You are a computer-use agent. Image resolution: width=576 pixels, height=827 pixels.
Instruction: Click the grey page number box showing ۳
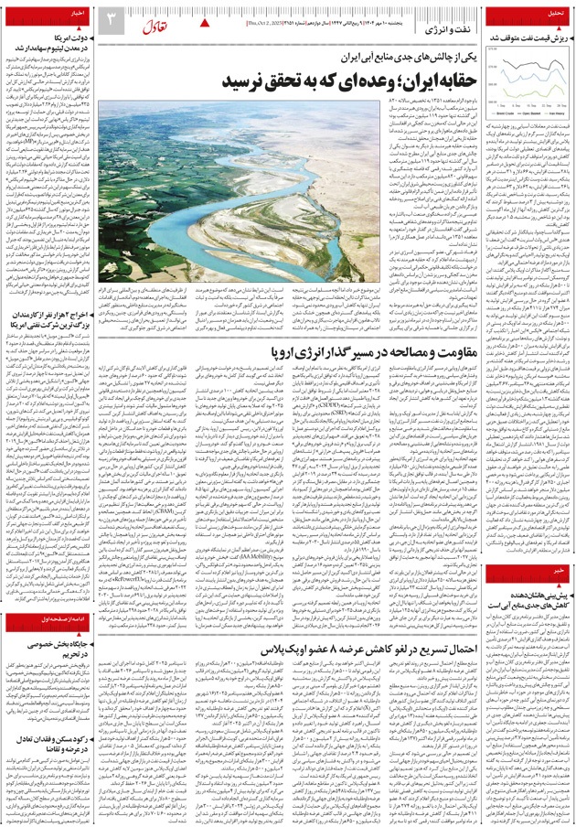click(x=109, y=19)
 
